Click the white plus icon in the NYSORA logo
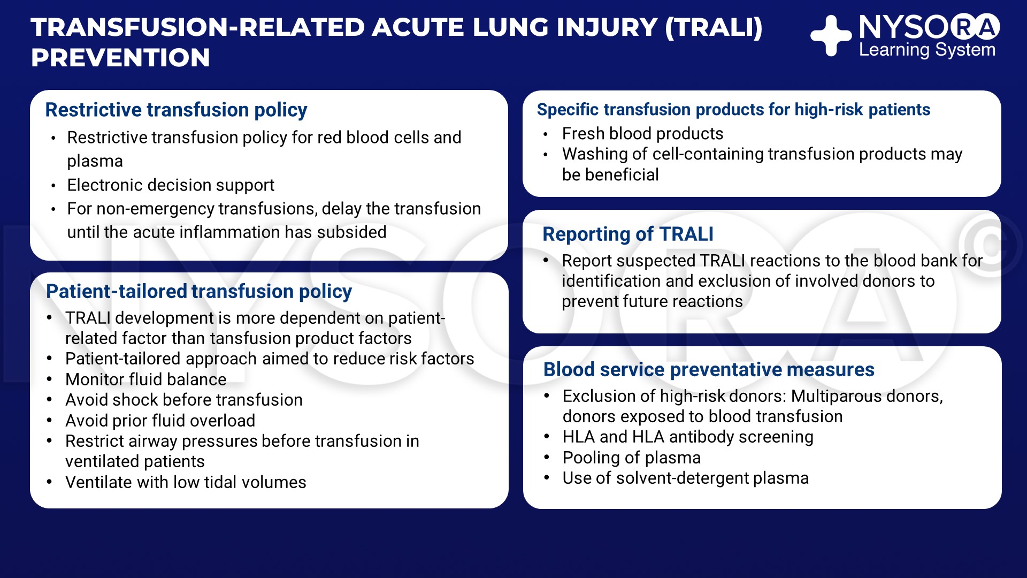click(x=831, y=35)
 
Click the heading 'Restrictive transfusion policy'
click(x=176, y=110)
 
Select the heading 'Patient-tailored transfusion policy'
click(x=199, y=292)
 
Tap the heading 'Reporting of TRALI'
click(x=628, y=234)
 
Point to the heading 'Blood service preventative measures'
click(x=709, y=370)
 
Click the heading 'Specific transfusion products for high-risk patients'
click(x=733, y=110)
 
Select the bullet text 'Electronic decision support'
click(x=171, y=185)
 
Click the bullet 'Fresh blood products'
click(x=642, y=134)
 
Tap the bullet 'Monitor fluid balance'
click(x=146, y=379)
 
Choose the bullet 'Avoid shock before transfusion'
click(x=184, y=400)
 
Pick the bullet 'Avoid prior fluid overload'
click(x=160, y=421)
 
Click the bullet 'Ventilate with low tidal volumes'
click(x=186, y=482)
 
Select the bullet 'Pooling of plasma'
click(x=632, y=458)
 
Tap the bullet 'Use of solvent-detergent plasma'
click(x=686, y=478)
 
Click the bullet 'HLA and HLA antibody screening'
click(x=688, y=437)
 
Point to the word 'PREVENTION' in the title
click(x=120, y=58)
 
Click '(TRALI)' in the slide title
click(x=714, y=28)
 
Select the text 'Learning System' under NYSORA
click(x=927, y=50)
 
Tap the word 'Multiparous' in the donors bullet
click(x=837, y=397)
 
